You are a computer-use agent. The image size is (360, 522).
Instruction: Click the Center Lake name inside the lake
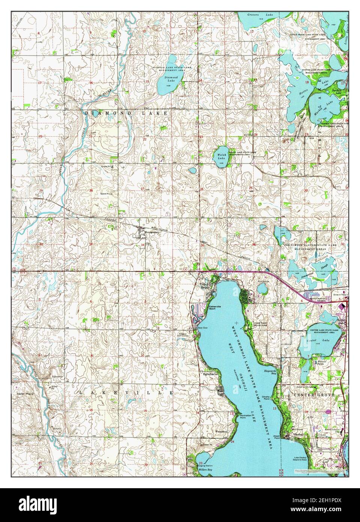(322, 341)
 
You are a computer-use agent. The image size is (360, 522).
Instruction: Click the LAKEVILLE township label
(125, 393)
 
